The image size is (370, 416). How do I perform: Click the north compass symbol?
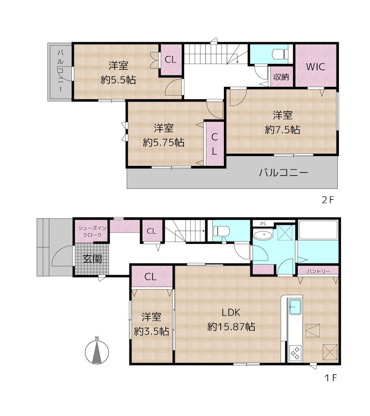(x=97, y=352)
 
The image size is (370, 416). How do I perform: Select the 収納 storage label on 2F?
(x=281, y=77)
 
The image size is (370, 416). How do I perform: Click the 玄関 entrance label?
(x=92, y=258)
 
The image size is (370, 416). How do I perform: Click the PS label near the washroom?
(x=262, y=224)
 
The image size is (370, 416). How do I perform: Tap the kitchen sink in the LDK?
(x=295, y=307)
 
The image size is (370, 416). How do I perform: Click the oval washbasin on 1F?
(x=266, y=235)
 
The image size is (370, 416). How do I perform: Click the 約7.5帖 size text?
(x=282, y=129)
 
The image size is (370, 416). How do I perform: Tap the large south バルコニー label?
(x=284, y=173)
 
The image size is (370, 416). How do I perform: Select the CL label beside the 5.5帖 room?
(x=170, y=60)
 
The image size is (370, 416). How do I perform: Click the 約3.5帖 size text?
(x=151, y=331)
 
